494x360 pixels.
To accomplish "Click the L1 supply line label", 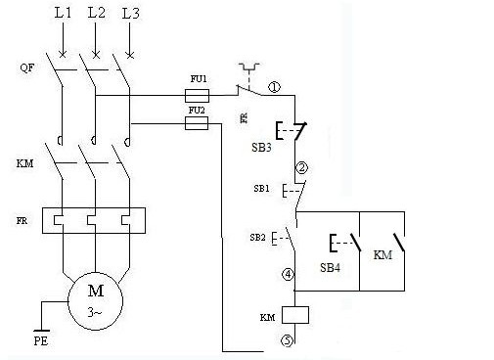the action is [x=63, y=13].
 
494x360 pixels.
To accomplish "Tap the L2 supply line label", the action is [x=97, y=13].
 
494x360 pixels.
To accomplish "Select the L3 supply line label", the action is [x=131, y=14].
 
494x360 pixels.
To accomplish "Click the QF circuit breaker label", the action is [x=26, y=67].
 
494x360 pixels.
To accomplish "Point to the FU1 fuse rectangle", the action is [x=197, y=96].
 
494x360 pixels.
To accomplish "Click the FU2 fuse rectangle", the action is [x=197, y=123].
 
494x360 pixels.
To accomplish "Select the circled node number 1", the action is [x=274, y=87].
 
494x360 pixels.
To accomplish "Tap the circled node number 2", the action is [x=301, y=168].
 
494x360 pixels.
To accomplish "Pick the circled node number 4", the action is [x=288, y=275].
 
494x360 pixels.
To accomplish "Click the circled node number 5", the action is [x=288, y=341].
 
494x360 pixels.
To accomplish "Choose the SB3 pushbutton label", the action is [x=261, y=148].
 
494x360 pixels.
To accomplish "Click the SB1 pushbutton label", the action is [x=261, y=189].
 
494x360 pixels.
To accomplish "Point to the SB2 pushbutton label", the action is [x=257, y=238].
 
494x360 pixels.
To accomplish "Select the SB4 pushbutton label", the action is [x=330, y=267].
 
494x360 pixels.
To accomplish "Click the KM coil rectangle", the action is [x=295, y=315].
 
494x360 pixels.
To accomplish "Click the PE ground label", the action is [x=41, y=341].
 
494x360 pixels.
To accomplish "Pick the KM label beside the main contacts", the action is [x=24, y=163].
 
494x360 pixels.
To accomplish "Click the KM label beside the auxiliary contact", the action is [x=382, y=254].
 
